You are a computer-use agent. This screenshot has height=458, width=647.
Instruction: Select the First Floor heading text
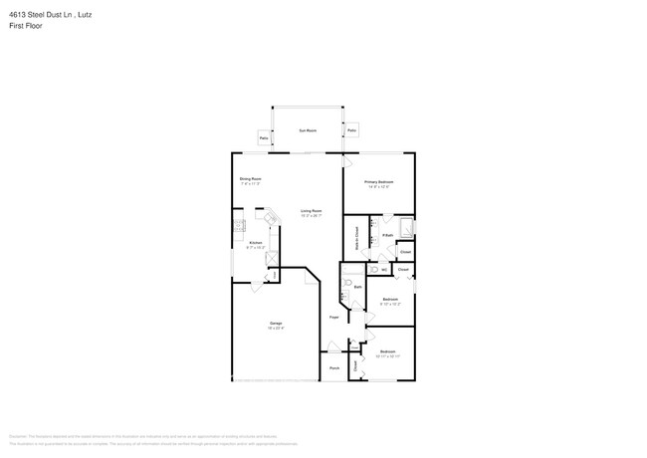pyautogui.click(x=26, y=25)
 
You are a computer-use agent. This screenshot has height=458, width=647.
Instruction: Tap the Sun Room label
pyautogui.click(x=309, y=130)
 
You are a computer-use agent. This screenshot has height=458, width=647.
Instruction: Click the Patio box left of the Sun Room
pyautogui.click(x=264, y=137)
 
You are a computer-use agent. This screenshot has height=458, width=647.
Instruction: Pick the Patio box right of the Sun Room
pyautogui.click(x=352, y=130)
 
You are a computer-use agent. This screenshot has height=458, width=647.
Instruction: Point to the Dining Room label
pyautogui.click(x=250, y=179)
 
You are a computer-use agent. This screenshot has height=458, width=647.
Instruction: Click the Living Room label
pyautogui.click(x=311, y=211)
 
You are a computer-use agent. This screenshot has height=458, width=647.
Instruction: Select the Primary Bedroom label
pyautogui.click(x=378, y=182)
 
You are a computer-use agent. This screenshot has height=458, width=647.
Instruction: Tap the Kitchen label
pyautogui.click(x=256, y=243)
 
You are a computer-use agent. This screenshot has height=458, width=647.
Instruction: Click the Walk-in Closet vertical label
pyautogui.click(x=356, y=238)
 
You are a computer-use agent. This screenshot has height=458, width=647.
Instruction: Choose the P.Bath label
pyautogui.click(x=387, y=235)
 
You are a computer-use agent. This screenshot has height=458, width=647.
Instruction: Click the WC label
pyautogui.click(x=383, y=269)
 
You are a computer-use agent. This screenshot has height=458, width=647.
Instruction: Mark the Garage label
pyautogui.click(x=275, y=324)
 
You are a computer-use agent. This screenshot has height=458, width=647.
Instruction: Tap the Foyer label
pyautogui.click(x=334, y=317)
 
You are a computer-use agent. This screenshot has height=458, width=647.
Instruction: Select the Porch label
pyautogui.click(x=334, y=367)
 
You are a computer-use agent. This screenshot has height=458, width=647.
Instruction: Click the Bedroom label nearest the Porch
pyautogui.click(x=387, y=350)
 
